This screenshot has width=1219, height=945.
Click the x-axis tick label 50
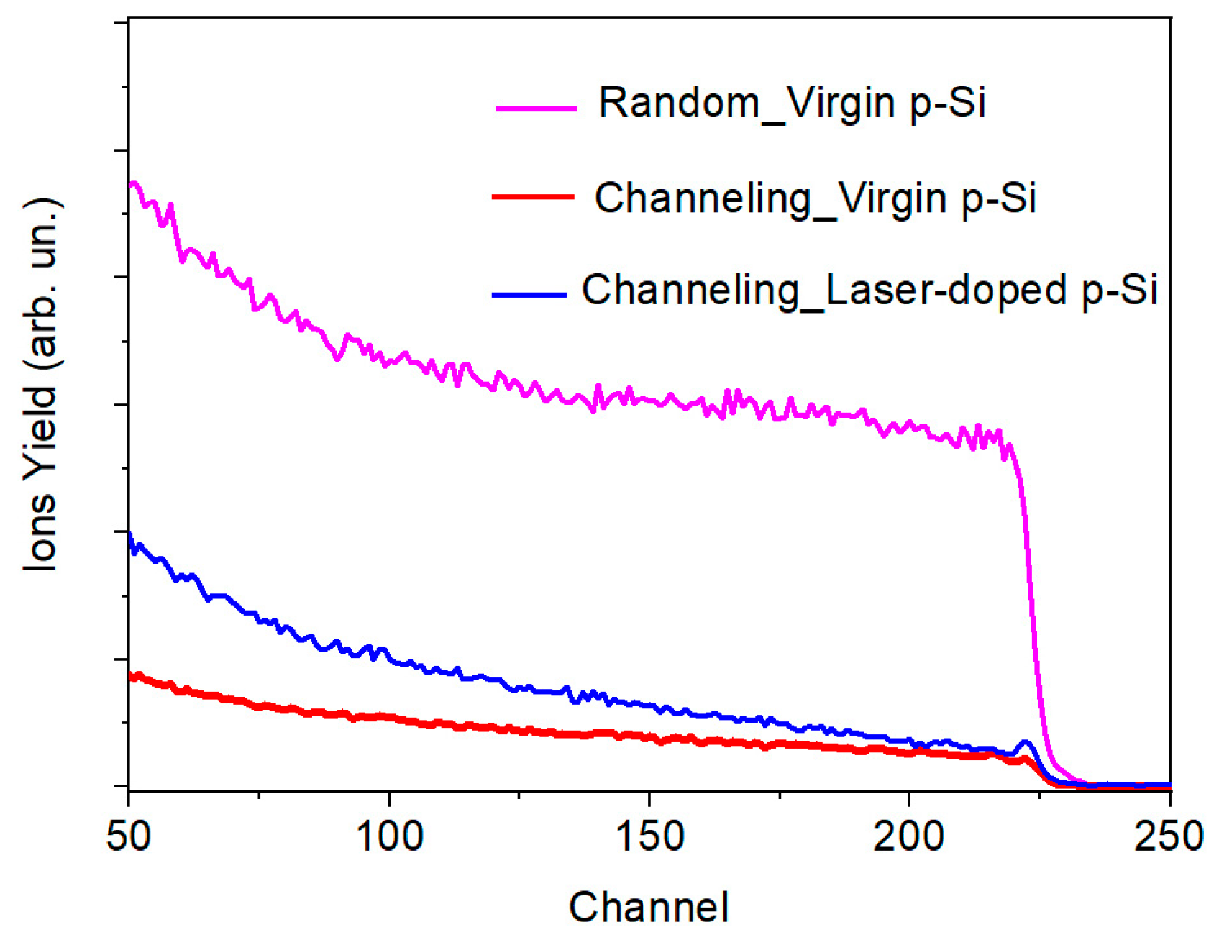point(129,836)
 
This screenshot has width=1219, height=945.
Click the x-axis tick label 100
point(389,836)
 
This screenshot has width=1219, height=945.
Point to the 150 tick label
point(649,836)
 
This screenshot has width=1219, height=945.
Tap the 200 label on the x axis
point(909,836)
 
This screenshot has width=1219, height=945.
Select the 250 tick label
point(1168,836)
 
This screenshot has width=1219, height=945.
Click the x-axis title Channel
point(649,907)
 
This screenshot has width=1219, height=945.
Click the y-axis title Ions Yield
point(41,385)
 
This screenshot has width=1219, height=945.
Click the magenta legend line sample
point(536,108)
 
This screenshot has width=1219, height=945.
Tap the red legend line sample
point(533,196)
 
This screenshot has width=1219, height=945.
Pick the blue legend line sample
point(529,294)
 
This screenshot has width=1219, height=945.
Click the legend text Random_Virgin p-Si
point(792,103)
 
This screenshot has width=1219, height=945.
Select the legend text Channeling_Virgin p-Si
point(815,198)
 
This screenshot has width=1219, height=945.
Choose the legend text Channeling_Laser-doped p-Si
point(869,291)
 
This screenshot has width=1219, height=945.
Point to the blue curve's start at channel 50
point(130,536)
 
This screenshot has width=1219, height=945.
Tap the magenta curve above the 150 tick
point(649,400)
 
